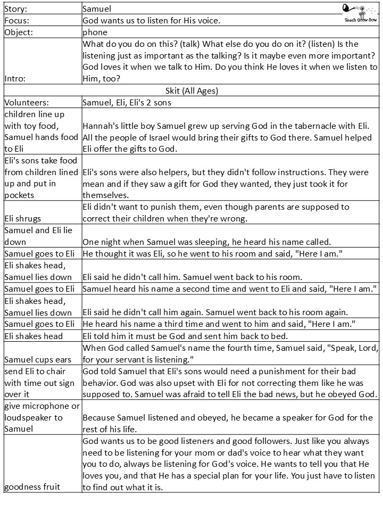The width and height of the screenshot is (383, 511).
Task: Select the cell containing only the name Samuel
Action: (x=97, y=9)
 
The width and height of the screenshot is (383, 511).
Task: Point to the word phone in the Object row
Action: (x=95, y=32)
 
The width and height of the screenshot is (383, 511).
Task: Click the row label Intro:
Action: (x=15, y=78)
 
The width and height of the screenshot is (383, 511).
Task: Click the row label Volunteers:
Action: (x=27, y=102)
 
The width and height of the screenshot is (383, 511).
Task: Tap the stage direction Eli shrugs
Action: (x=23, y=219)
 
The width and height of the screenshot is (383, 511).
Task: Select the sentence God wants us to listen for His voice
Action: (x=152, y=20)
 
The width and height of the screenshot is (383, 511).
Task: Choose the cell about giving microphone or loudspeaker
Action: (x=41, y=417)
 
